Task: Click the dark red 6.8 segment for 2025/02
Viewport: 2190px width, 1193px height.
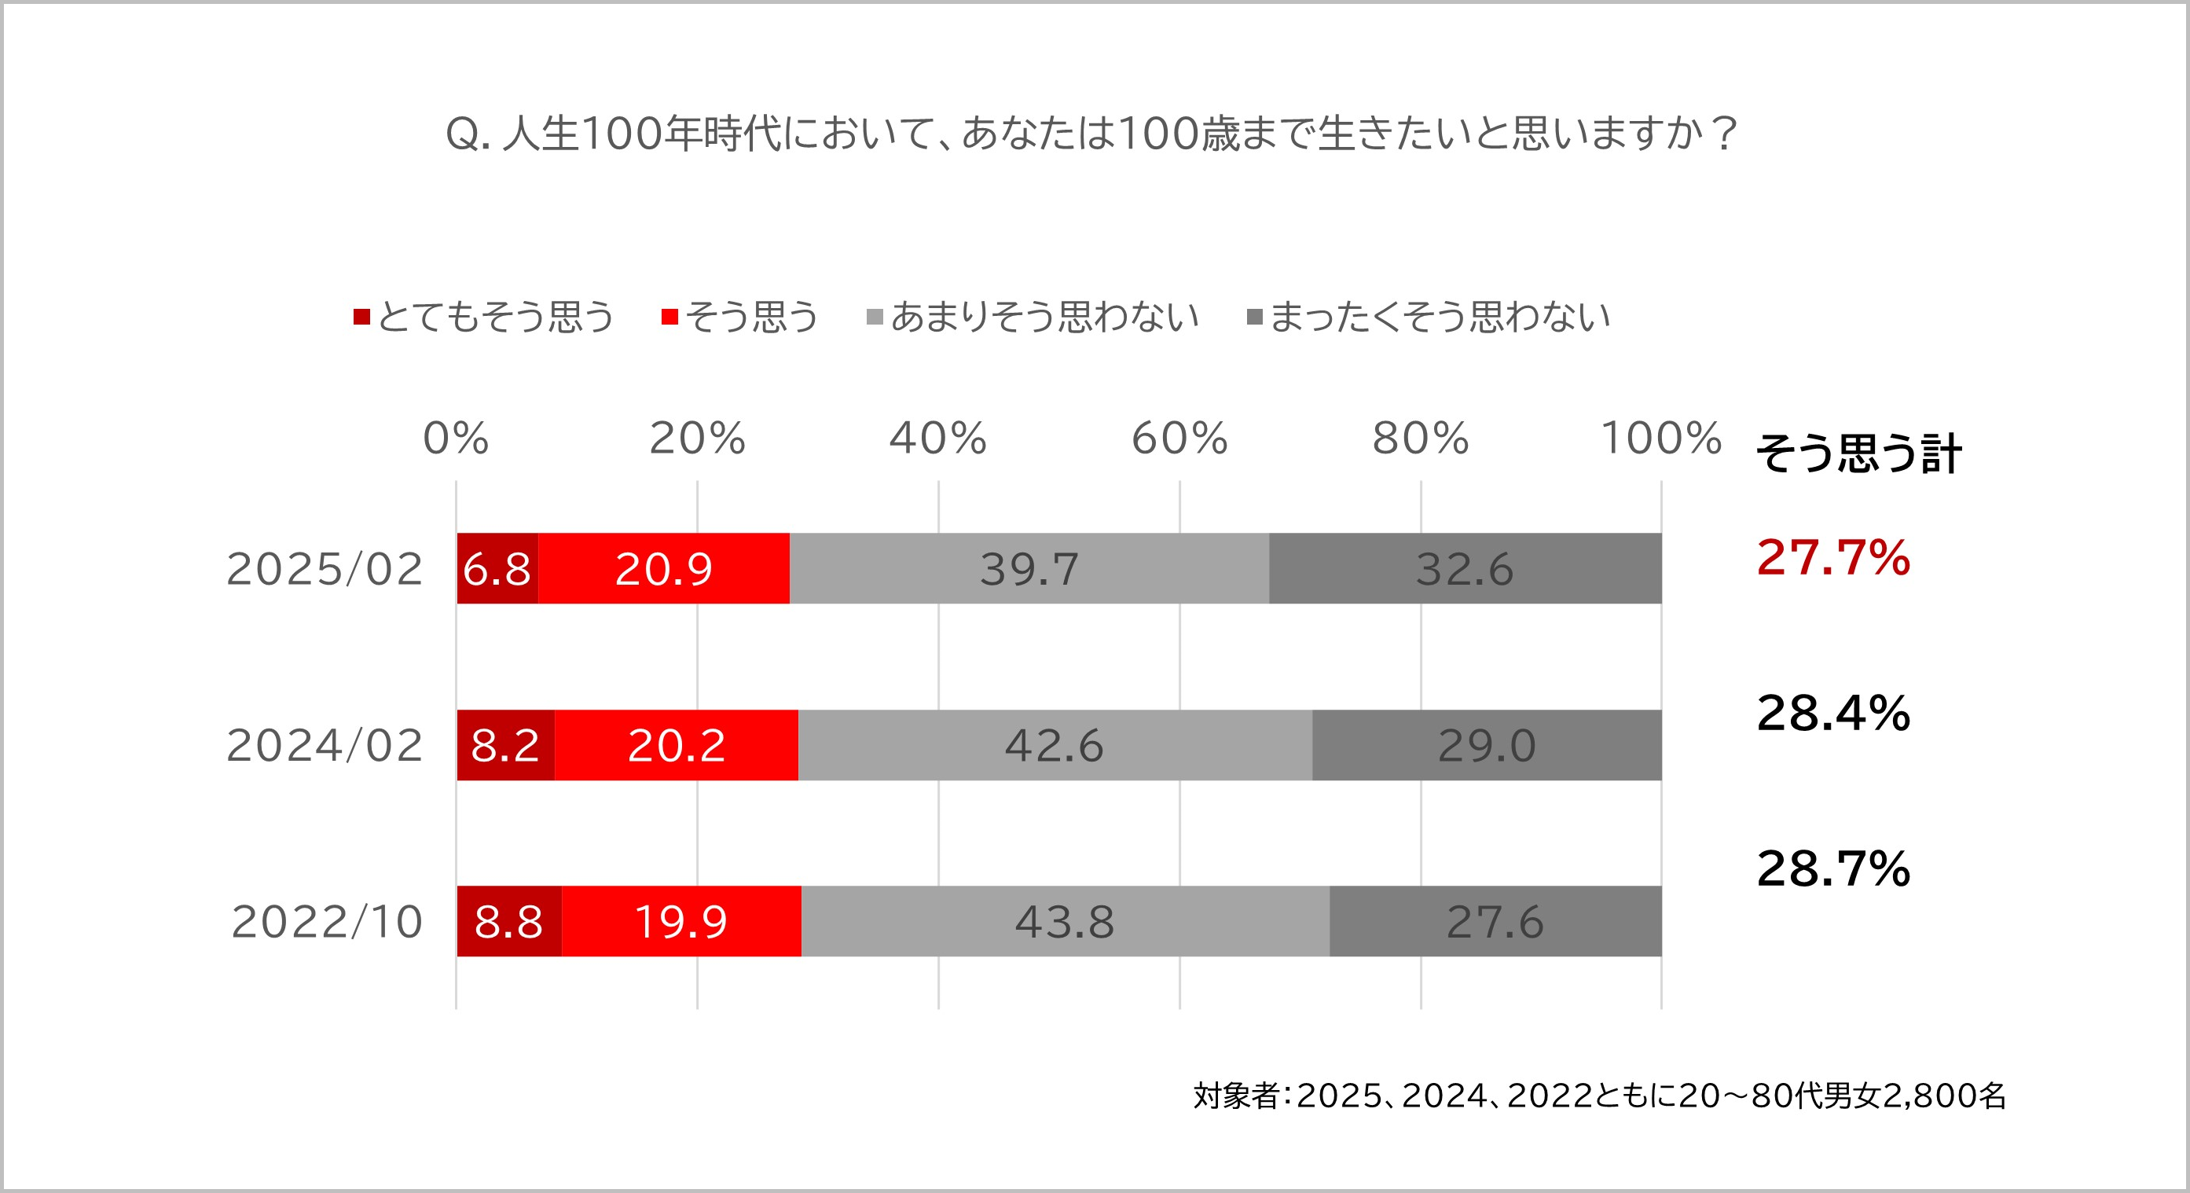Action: pyautogui.click(x=497, y=569)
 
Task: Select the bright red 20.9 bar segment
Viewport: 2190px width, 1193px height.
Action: pyautogui.click(x=664, y=569)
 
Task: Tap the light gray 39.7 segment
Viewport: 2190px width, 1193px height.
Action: pyautogui.click(x=1029, y=569)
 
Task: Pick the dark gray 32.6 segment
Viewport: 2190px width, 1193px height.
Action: pyautogui.click(x=1465, y=569)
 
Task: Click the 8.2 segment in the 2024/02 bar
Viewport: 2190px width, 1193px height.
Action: pyautogui.click(x=505, y=745)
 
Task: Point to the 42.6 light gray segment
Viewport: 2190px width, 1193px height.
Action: pyautogui.click(x=1055, y=745)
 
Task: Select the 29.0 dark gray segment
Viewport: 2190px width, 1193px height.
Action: pyautogui.click(x=1487, y=745)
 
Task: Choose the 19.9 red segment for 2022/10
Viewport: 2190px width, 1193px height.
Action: pyautogui.click(x=681, y=921)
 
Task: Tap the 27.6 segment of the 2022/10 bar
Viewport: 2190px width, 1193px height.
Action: pyautogui.click(x=1495, y=921)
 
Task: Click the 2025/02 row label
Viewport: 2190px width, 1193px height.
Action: pyautogui.click(x=325, y=569)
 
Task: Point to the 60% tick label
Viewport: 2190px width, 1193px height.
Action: pyautogui.click(x=1179, y=438)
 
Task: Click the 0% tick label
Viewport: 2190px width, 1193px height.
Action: pyautogui.click(x=456, y=438)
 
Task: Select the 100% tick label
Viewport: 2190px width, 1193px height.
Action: pyautogui.click(x=1660, y=438)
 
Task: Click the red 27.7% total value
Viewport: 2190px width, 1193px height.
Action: pyautogui.click(x=1833, y=558)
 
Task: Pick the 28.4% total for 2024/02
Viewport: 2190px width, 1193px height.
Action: pyautogui.click(x=1833, y=713)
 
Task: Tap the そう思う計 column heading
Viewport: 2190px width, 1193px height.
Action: pyautogui.click(x=1858, y=453)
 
